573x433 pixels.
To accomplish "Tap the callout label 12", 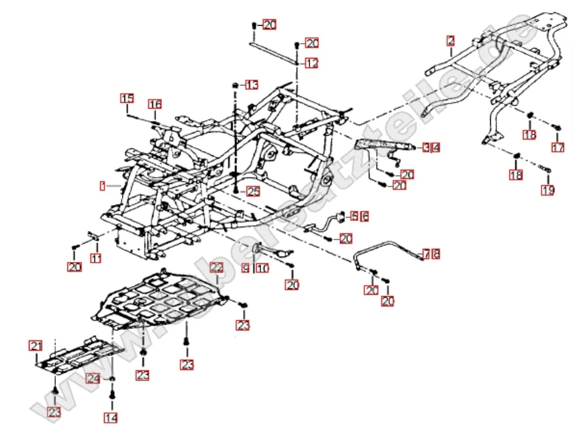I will pyautogui.click(x=312, y=64).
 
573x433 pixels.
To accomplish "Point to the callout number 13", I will pyautogui.click(x=251, y=85).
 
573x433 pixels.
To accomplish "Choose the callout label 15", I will pyautogui.click(x=127, y=98).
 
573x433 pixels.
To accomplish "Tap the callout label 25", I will pyautogui.click(x=252, y=191).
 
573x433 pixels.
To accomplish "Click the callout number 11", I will pyautogui.click(x=96, y=258).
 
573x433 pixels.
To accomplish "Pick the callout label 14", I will pyautogui.click(x=111, y=418).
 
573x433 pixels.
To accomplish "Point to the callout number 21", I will pyautogui.click(x=35, y=346).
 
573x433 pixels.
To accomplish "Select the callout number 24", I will pyautogui.click(x=93, y=379).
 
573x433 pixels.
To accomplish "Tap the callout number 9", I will pyautogui.click(x=245, y=270).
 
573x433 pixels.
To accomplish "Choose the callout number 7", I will pyautogui.click(x=427, y=254).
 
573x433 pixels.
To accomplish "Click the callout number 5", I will pyautogui.click(x=354, y=216).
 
